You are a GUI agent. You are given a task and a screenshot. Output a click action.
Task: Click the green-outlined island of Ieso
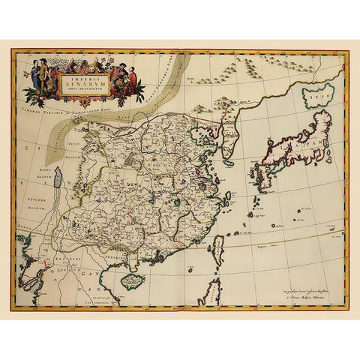click(x=316, y=97)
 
